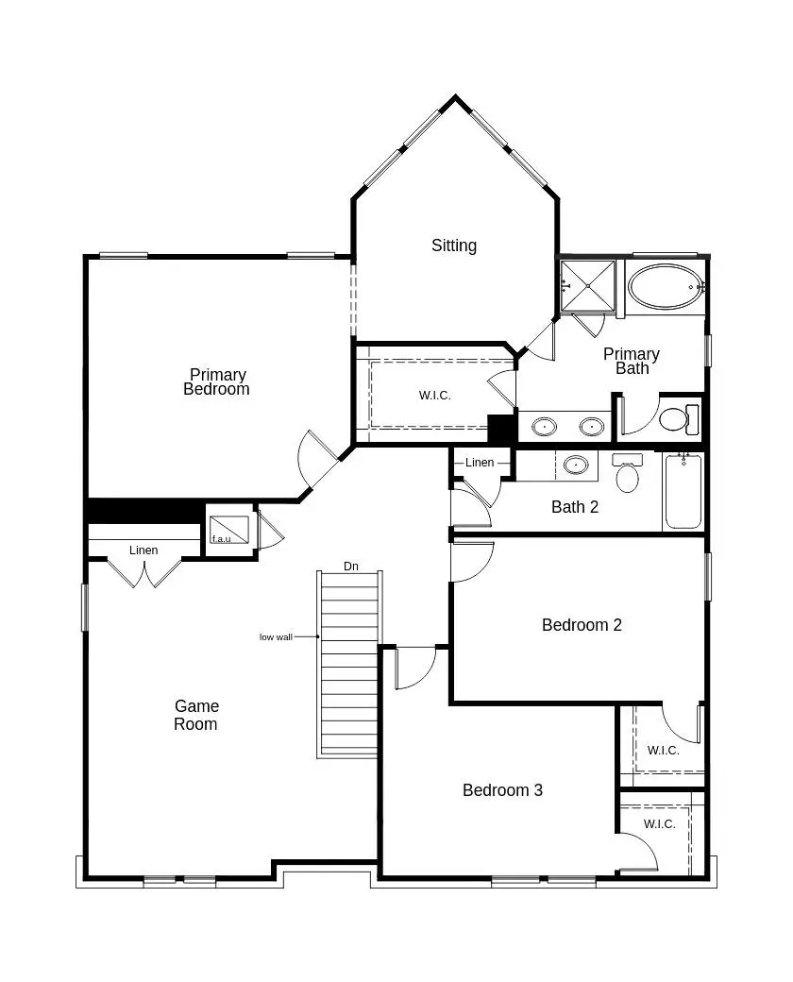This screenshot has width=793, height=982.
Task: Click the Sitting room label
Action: [x=454, y=245]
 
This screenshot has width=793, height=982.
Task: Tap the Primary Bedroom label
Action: [x=217, y=381]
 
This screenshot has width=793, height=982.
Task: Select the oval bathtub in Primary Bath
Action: [x=665, y=285]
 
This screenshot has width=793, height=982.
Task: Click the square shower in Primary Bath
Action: [x=588, y=284]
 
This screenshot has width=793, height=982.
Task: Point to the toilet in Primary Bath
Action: [x=679, y=417]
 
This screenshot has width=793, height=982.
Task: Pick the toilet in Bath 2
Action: [x=627, y=471]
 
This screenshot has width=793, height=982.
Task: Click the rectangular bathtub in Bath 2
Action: [x=683, y=491]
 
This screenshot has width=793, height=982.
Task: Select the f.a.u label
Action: [x=221, y=539]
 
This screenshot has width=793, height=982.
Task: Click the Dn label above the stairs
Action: [x=351, y=567]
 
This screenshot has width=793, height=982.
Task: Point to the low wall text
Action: [x=276, y=637]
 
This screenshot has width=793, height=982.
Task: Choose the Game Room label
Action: [x=196, y=715]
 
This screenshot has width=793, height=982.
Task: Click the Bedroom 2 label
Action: [x=582, y=625]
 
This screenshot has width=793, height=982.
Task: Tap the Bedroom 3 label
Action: [x=502, y=790]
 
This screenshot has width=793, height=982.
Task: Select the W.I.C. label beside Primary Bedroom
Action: [x=435, y=395]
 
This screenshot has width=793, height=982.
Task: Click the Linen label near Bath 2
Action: [x=480, y=463]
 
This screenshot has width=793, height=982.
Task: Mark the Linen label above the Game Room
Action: [x=143, y=550]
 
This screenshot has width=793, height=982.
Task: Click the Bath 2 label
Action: [x=575, y=507]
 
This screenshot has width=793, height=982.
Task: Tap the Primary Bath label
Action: [x=632, y=361]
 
